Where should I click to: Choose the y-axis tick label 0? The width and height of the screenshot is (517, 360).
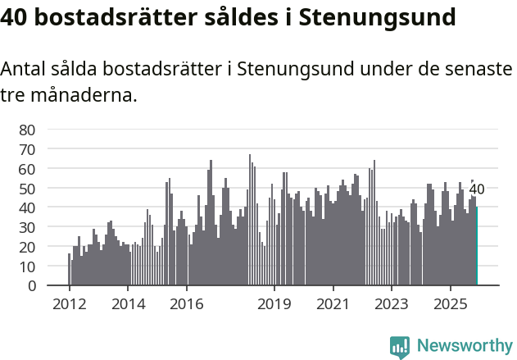click(31, 286)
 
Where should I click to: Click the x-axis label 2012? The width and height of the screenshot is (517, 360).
click(69, 304)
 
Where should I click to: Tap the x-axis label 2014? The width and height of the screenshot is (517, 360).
click(128, 304)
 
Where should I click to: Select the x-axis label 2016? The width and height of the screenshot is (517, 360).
click(186, 304)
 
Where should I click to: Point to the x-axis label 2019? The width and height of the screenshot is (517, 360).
click(274, 304)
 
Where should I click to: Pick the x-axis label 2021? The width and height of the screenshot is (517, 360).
click(333, 304)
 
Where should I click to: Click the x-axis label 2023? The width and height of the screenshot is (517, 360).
click(391, 304)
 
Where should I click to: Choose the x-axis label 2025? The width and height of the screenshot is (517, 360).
click(450, 304)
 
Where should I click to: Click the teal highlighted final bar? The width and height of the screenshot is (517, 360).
click(476, 246)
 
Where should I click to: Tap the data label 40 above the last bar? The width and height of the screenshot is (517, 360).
click(477, 189)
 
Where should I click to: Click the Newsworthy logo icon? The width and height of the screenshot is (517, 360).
click(399, 346)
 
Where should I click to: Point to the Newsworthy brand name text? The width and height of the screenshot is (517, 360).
click(464, 346)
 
